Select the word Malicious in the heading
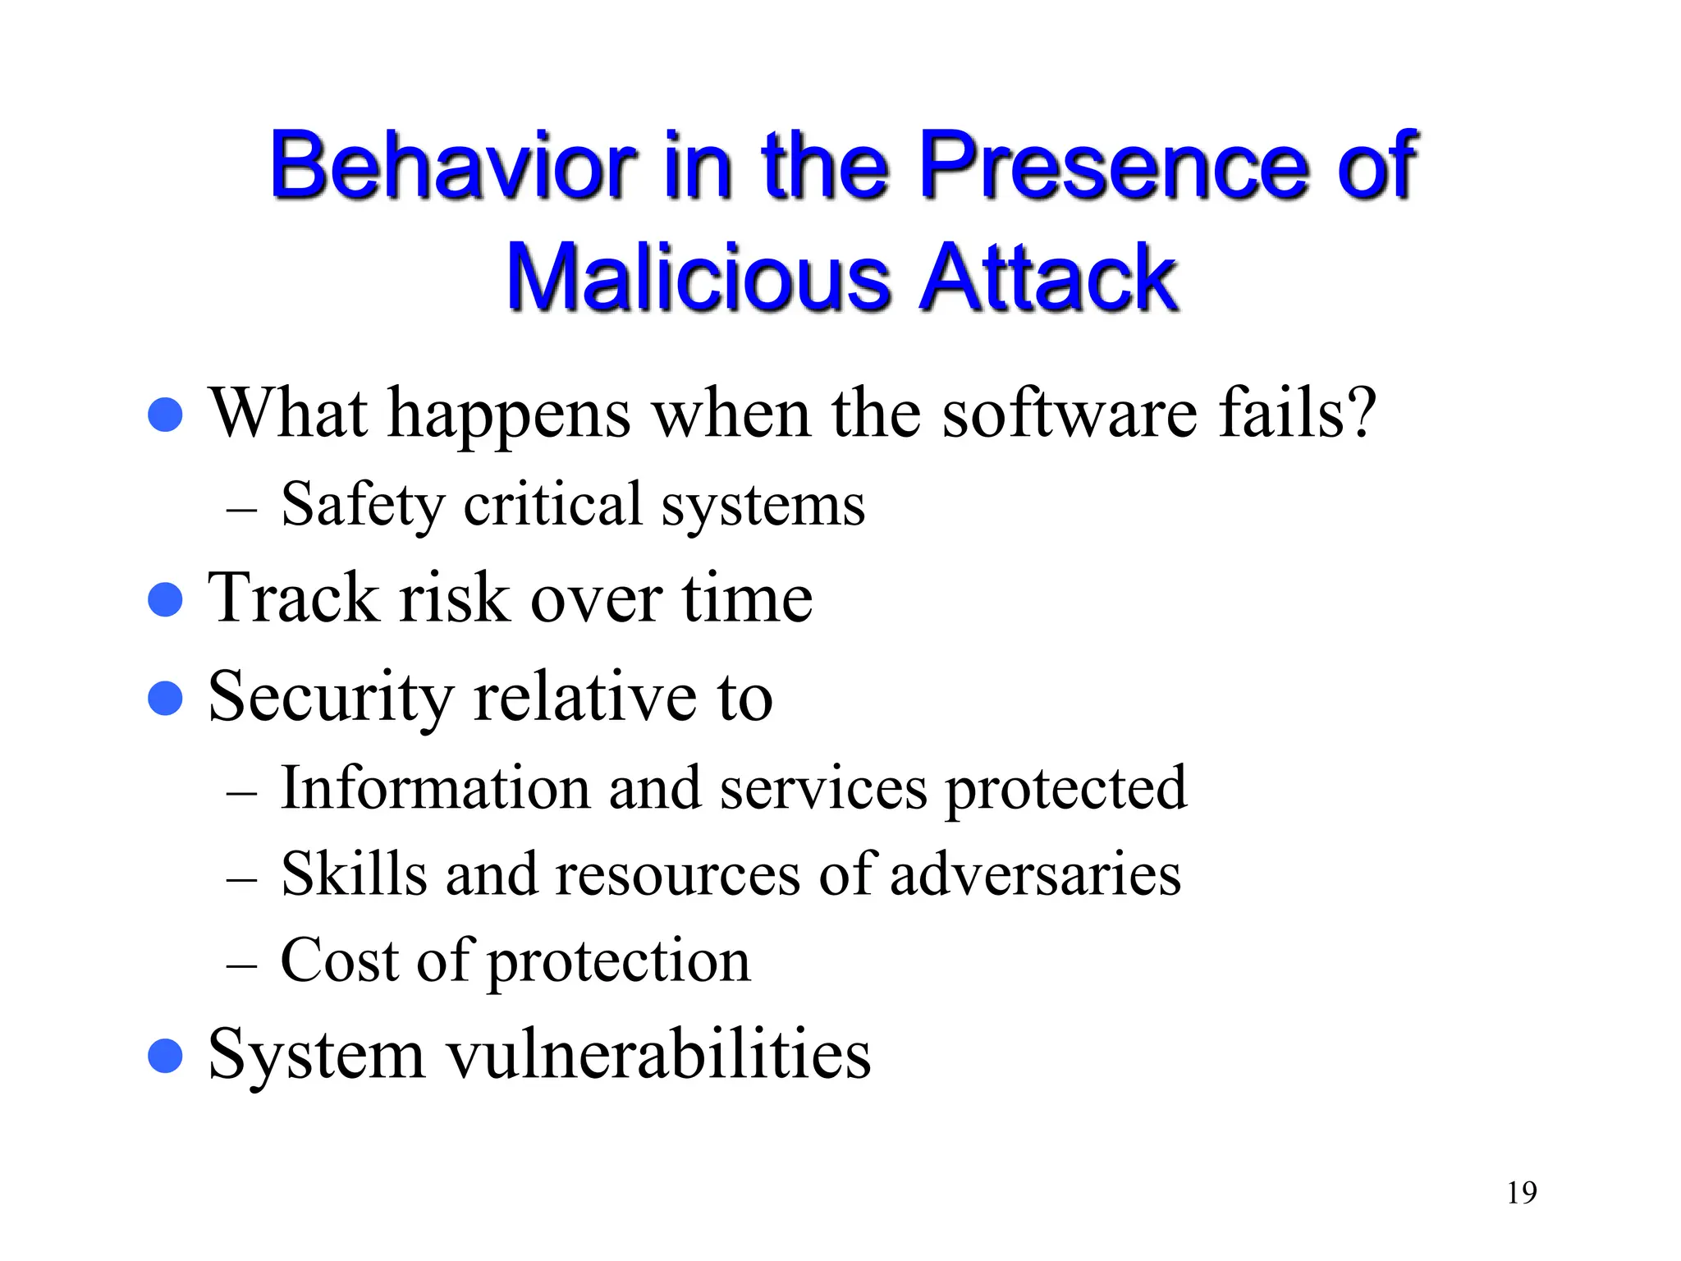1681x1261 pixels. click(698, 279)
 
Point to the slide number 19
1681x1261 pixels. click(1521, 1193)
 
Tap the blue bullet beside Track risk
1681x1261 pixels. click(165, 599)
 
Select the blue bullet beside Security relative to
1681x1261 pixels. click(165, 699)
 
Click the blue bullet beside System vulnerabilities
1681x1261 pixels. click(165, 1056)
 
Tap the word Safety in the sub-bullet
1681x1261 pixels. click(362, 505)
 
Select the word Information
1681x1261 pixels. click(435, 788)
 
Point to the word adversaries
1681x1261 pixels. click(1035, 875)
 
